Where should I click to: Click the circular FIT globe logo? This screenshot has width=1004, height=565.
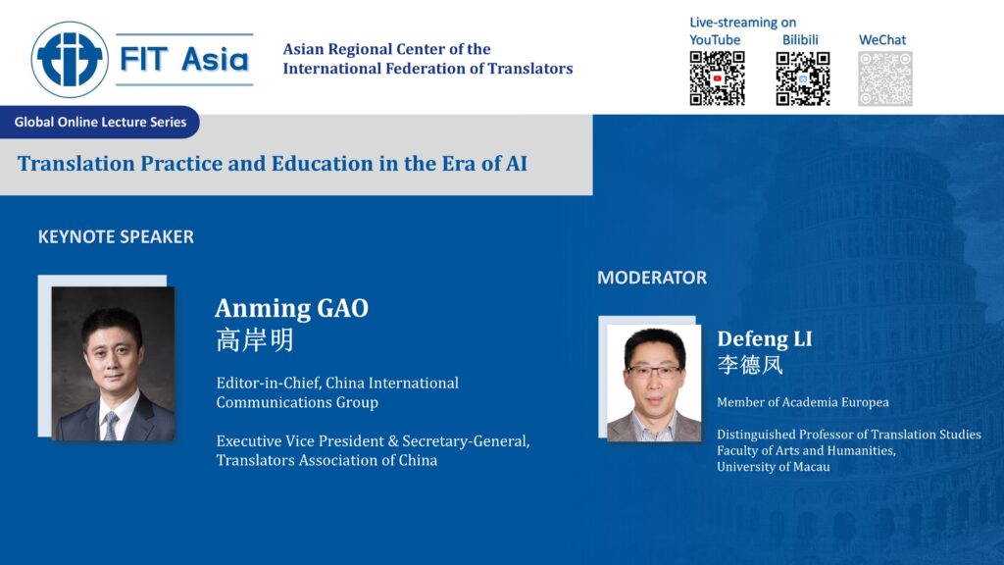click(x=70, y=60)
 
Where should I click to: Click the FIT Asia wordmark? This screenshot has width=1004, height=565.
click(x=183, y=59)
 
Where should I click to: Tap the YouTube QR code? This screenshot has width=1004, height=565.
click(x=717, y=78)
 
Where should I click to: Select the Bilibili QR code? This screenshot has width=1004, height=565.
click(x=803, y=78)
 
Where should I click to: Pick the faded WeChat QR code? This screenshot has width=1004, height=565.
click(x=884, y=78)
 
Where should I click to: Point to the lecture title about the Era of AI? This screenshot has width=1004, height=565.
click(x=273, y=163)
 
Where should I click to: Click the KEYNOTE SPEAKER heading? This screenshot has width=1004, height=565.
click(x=116, y=236)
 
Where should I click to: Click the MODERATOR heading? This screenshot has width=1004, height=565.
click(x=651, y=278)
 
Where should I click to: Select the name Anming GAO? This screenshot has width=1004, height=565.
click(x=291, y=308)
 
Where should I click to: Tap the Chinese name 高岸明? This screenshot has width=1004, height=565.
click(x=254, y=339)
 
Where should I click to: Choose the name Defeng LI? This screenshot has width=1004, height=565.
click(x=764, y=339)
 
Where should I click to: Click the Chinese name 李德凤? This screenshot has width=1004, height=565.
click(x=750, y=365)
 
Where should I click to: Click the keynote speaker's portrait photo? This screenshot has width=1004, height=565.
click(x=113, y=363)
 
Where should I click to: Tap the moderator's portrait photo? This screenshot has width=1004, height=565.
click(x=653, y=383)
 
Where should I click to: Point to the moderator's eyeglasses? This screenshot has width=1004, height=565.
click(x=654, y=372)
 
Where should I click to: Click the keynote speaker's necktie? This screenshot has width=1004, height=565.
click(x=111, y=424)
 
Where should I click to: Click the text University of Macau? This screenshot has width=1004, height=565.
click(x=773, y=467)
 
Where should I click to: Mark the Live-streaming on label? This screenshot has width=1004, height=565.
click(x=742, y=23)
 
